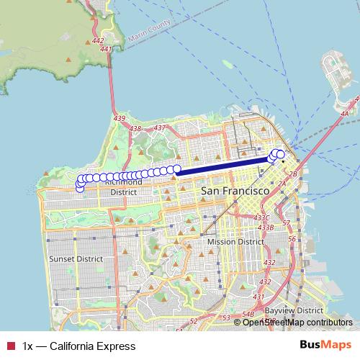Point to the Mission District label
click(x=235, y=242)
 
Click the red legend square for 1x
click(x=9, y=346)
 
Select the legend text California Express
click(x=79, y=346)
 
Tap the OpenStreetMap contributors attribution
click(x=297, y=322)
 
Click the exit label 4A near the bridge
click(x=344, y=114)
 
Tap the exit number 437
click(x=159, y=127)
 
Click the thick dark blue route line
click(x=223, y=166)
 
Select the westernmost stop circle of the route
click(x=78, y=188)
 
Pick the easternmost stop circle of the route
click(x=281, y=153)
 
